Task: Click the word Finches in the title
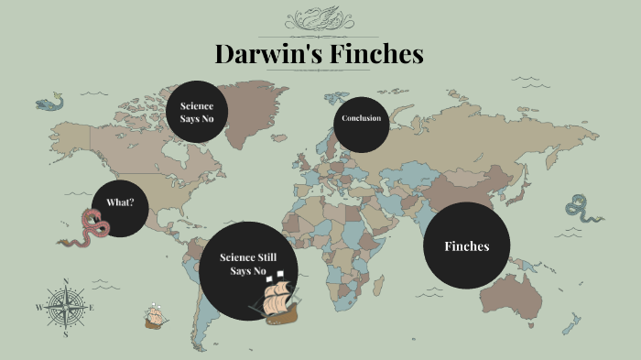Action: click(375, 54)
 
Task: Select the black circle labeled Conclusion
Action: click(361, 118)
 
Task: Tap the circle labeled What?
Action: click(119, 202)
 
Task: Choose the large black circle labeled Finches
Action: click(466, 245)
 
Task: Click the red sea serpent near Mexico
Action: click(88, 229)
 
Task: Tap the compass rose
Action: click(65, 308)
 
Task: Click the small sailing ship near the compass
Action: click(157, 317)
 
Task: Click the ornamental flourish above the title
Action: click(320, 19)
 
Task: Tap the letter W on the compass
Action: click(38, 309)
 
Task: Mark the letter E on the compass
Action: click(92, 309)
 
